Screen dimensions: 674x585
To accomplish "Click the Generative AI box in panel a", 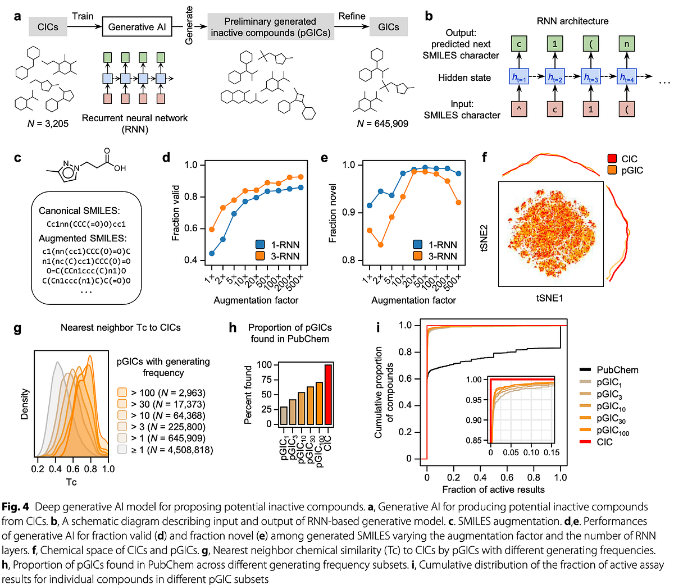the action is click(137, 26).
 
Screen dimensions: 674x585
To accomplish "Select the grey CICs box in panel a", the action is click(48, 26).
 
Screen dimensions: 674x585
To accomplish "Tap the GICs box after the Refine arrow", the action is click(388, 26).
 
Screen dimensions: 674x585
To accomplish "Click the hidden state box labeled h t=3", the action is click(591, 77).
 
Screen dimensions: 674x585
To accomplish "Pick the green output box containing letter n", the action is click(627, 44).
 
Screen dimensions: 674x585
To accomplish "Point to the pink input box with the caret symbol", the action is click(519, 109).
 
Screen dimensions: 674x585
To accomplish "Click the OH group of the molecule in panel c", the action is click(120, 168).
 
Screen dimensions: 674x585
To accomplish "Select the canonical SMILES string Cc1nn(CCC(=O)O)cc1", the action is click(86, 224).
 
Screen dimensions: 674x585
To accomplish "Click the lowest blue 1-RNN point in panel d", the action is click(212, 254).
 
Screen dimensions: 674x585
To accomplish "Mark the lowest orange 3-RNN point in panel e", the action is click(380, 245).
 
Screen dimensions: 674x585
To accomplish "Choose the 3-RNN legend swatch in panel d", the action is click(260, 256).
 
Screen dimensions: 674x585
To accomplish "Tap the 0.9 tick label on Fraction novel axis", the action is click(349, 212).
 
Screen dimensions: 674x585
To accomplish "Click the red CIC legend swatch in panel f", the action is click(612, 158).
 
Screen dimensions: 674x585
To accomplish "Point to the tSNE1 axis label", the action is click(550, 298).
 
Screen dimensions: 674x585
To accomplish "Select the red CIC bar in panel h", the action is click(328, 394).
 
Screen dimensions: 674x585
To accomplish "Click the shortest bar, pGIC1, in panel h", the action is click(284, 415).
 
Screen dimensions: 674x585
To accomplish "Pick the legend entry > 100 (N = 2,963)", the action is click(162, 393).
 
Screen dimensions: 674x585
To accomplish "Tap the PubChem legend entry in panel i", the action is click(609, 370).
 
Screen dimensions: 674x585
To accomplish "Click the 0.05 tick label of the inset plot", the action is click(511, 453).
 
